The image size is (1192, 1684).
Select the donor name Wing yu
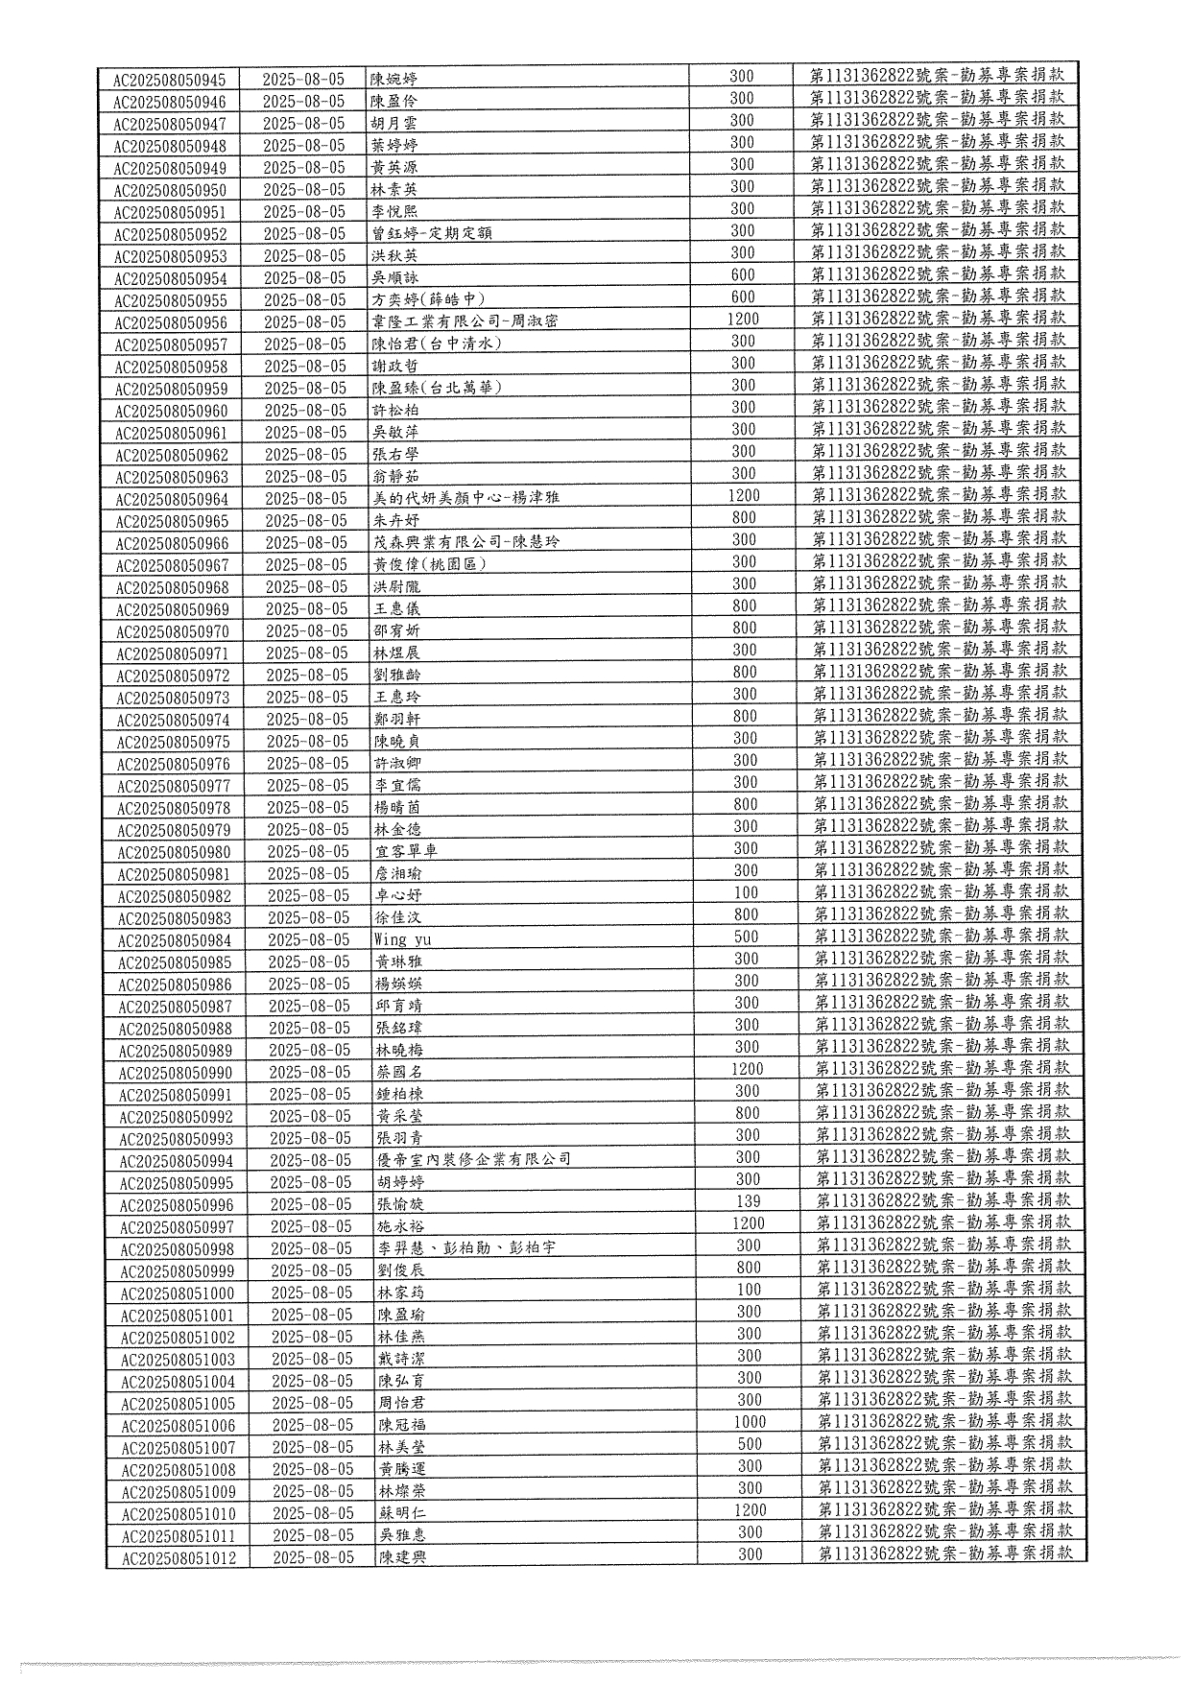(403, 939)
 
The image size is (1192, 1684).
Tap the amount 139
(748, 1201)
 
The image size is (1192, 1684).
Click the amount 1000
(750, 1422)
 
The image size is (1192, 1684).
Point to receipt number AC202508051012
(179, 1558)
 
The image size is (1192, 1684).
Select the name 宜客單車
(406, 851)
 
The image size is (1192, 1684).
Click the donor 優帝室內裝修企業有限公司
(474, 1159)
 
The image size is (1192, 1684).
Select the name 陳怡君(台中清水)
(437, 344)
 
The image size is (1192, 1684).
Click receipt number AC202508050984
(175, 940)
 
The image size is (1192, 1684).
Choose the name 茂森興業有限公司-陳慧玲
(466, 542)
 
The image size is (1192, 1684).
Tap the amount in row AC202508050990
(748, 1069)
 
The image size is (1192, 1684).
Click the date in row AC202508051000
(312, 1293)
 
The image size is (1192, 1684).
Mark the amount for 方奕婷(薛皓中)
(743, 297)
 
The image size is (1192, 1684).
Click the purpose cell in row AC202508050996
(943, 1200)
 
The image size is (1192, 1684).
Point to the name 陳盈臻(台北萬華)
(437, 388)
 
